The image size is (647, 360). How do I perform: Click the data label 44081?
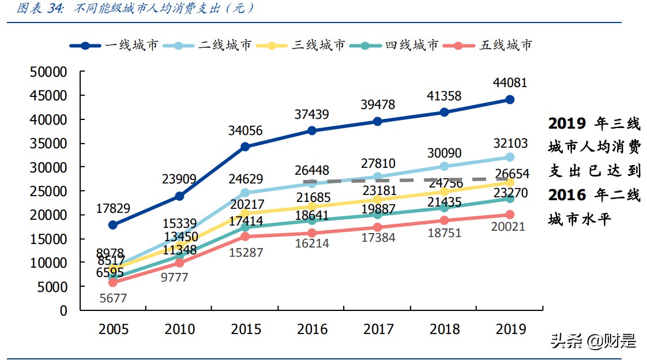510,84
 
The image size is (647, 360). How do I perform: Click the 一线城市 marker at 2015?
245,147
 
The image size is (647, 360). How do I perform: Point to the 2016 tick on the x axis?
312,329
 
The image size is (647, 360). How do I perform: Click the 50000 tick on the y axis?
48,72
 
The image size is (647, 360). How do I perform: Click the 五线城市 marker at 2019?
510,215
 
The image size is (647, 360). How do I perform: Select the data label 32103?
510,143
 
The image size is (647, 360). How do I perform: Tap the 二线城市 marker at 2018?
444,166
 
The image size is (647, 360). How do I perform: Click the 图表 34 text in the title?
40,9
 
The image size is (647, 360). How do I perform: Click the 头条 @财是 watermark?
593,341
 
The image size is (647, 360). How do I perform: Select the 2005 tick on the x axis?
113,329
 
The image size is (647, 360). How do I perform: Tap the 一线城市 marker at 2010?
179,196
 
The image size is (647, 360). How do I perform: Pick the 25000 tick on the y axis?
48,191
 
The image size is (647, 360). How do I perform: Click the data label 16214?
311,243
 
